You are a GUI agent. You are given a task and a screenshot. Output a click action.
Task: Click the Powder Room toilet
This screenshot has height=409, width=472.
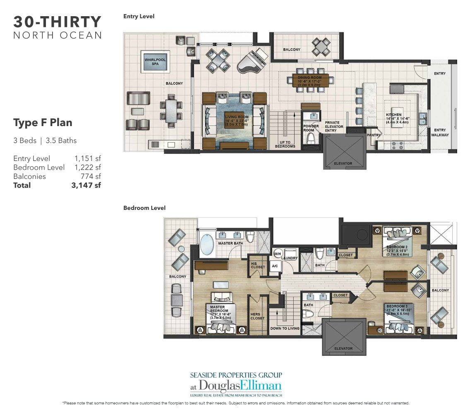click(x=311, y=139)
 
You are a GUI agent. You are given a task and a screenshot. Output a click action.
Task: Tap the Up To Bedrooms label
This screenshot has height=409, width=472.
click(x=285, y=144)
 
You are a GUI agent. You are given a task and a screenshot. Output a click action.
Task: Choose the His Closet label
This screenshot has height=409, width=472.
click(x=257, y=264)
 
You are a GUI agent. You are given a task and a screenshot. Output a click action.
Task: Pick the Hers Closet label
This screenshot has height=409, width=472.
click(x=255, y=316)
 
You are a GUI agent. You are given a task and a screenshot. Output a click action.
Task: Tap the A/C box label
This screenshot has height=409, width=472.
click(x=275, y=266)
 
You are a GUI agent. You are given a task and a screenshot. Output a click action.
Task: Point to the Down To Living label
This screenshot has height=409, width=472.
click(x=285, y=328)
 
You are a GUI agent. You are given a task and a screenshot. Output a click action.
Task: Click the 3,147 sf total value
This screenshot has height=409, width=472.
click(x=86, y=185)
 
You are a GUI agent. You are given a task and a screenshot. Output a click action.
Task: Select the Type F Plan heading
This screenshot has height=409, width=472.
click(x=43, y=123)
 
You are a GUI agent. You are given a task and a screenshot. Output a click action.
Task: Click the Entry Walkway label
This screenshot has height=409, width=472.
click(x=440, y=132)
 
